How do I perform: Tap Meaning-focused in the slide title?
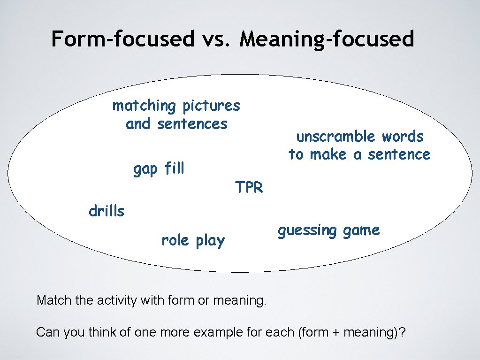(327, 38)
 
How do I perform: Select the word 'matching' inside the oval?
(144, 106)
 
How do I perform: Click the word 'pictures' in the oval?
(211, 106)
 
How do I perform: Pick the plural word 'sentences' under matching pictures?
(192, 124)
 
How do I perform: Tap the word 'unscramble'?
(336, 137)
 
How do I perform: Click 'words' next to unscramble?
(403, 137)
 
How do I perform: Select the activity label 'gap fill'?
(159, 169)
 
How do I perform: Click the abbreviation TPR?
(249, 188)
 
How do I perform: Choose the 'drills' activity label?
(107, 212)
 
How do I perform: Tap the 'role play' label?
(193, 241)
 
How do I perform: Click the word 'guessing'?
(307, 230)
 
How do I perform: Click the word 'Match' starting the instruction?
(52, 300)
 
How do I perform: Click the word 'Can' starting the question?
(46, 333)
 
